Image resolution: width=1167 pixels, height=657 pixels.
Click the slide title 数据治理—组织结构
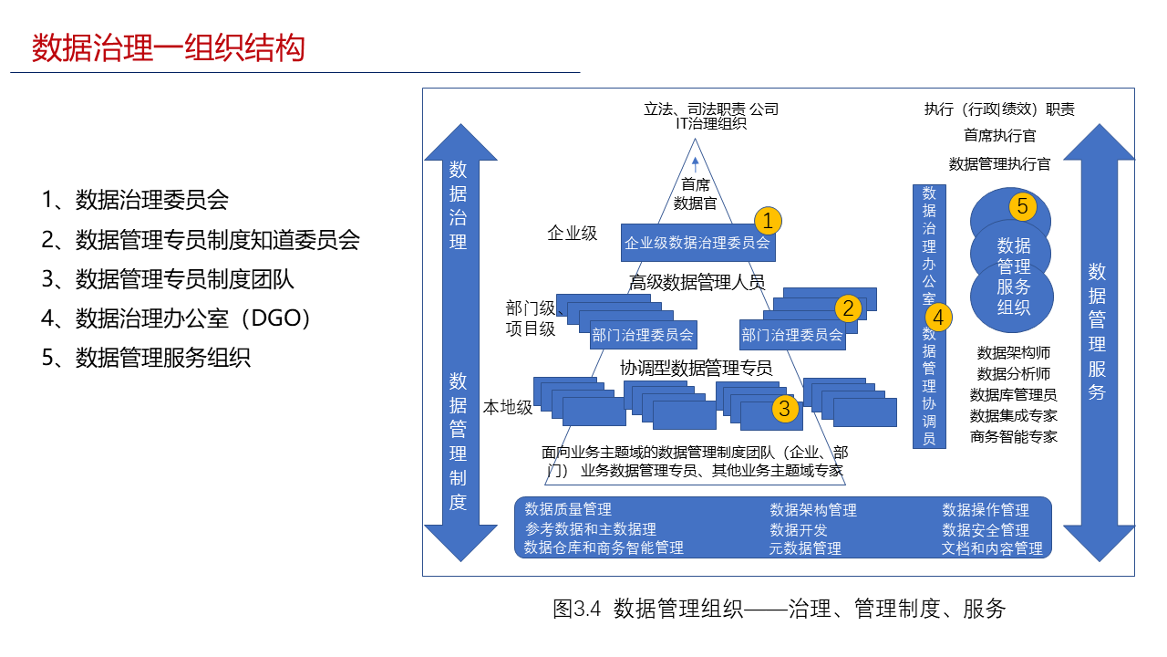coord(169,47)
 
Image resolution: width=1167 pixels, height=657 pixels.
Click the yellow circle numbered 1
coord(768,220)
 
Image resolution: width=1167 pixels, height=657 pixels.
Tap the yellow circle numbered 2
coord(849,308)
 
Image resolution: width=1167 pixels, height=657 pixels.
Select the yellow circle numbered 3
coord(785,408)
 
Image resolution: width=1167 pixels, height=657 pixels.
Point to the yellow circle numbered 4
coord(938,317)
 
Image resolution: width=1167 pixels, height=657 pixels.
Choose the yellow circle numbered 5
coord(1022,207)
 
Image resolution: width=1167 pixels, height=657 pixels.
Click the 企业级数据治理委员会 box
coord(697,243)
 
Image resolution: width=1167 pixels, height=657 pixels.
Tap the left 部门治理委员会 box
coord(643,335)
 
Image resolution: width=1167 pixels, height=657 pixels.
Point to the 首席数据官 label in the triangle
coord(695,193)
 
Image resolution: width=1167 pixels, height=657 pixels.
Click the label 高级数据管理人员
coord(697,282)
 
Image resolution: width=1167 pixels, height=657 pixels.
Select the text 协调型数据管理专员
coord(697,368)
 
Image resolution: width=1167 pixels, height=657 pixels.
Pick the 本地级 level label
coord(507,407)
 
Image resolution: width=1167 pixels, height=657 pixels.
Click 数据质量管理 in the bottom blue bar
coord(568,509)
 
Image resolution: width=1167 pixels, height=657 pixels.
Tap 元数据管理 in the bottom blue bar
coord(805,548)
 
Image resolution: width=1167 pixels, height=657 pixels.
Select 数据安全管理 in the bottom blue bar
coord(986,529)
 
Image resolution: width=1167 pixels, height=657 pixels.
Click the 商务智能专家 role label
coord(1013,436)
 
